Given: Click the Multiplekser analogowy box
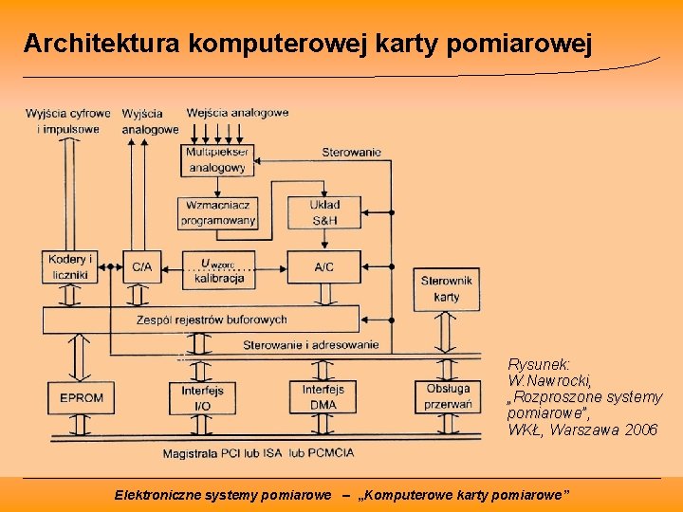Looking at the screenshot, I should click(217, 159).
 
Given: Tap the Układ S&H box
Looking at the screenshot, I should click(324, 212).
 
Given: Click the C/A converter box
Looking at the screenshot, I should click(141, 266).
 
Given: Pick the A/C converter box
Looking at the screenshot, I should click(324, 266).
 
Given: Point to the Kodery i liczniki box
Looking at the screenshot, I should click(70, 266).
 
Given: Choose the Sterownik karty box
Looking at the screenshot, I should click(446, 288).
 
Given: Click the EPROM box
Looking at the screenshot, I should click(81, 397).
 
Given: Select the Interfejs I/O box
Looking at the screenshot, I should click(202, 397).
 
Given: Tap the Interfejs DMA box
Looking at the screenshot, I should click(323, 397).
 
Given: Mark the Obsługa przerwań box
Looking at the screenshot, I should click(448, 396).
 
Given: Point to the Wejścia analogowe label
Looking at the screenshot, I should click(237, 113).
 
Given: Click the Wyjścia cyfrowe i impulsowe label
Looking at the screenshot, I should click(68, 121).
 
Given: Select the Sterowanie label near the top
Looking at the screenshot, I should click(351, 152).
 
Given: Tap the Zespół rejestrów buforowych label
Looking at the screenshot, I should click(212, 320).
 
